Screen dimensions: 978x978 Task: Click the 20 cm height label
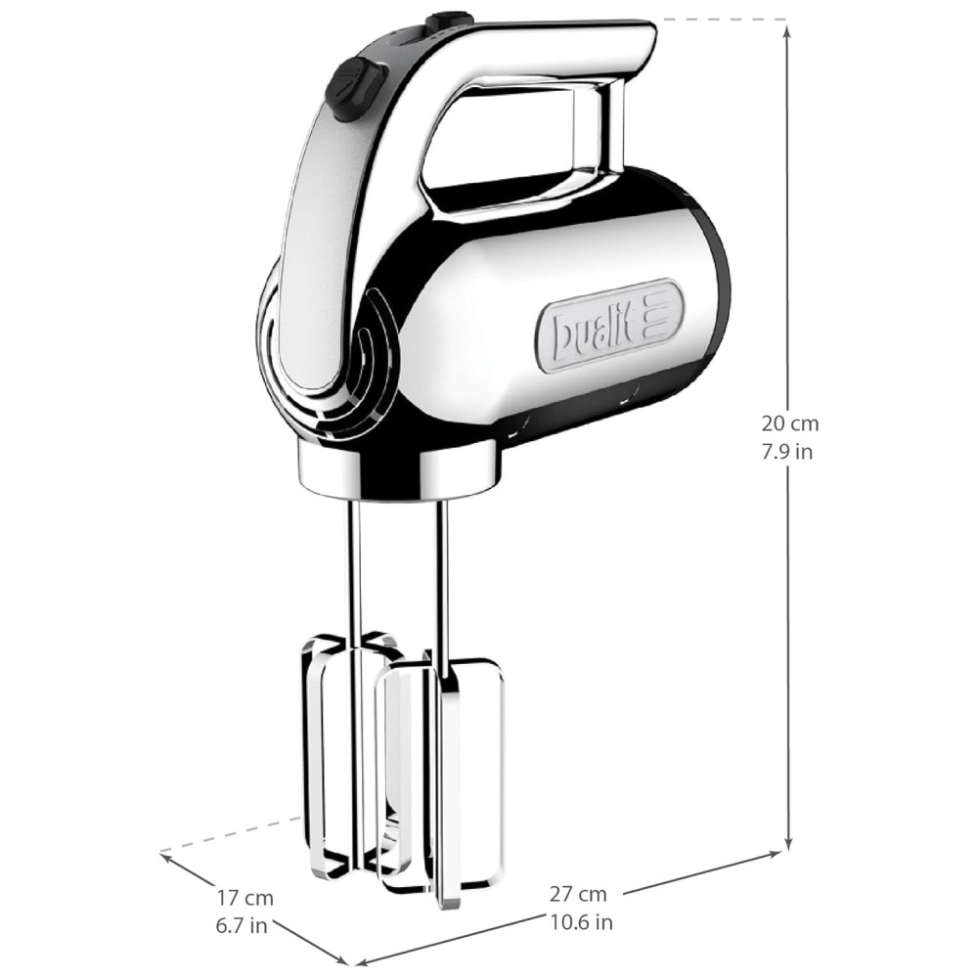pyautogui.click(x=789, y=423)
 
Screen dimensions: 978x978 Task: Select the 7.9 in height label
pyautogui.click(x=786, y=451)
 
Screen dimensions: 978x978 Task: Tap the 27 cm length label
pyautogui.click(x=578, y=894)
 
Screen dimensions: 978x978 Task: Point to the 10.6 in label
pyautogui.click(x=581, y=922)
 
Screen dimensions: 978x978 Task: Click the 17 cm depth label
pyautogui.click(x=245, y=898)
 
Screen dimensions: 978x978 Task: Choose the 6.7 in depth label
pyautogui.click(x=242, y=926)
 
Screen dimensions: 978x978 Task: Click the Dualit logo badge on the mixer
pyautogui.click(x=609, y=325)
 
